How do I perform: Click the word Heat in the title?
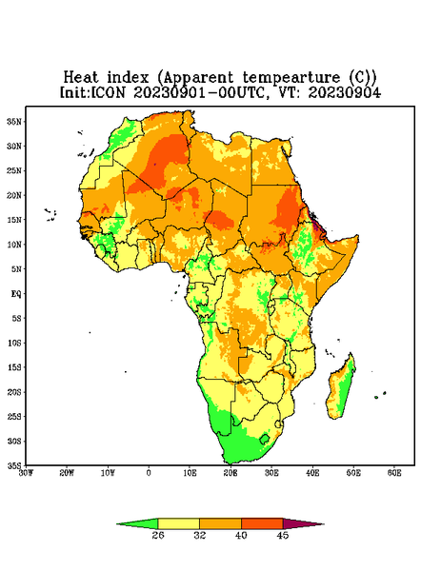(81, 77)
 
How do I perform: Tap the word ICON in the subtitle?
(108, 92)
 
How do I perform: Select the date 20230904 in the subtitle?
(345, 92)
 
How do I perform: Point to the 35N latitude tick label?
(14, 121)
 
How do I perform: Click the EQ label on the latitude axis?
(16, 293)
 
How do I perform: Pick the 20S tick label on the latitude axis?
(14, 392)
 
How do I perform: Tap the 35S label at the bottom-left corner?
(14, 465)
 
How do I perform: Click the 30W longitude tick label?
(26, 473)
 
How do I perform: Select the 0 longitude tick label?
(149, 473)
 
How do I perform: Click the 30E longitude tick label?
(271, 473)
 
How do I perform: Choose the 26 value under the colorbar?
(158, 535)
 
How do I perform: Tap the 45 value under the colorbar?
(283, 535)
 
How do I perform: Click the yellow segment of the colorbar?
(178, 523)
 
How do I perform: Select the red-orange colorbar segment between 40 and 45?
(262, 523)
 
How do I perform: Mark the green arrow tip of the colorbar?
(118, 524)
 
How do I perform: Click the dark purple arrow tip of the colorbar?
(323, 524)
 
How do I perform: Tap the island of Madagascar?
(341, 388)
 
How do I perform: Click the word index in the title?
(128, 77)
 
